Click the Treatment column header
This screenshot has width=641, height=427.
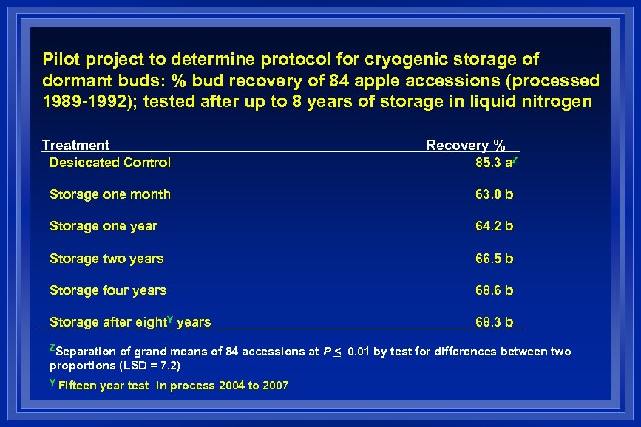point(75,146)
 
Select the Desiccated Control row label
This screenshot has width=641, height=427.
point(109,163)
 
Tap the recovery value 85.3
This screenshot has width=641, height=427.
point(489,163)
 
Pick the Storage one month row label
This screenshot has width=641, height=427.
point(109,194)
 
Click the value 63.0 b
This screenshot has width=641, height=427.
point(494,194)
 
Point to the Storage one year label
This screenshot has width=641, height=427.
point(103,226)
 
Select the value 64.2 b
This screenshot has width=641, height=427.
point(494,226)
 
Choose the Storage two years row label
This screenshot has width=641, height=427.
point(106,259)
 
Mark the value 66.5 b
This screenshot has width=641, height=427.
point(494,259)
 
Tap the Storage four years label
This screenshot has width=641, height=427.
point(107,290)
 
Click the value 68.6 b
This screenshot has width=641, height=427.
point(494,290)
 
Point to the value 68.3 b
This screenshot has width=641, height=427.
point(494,322)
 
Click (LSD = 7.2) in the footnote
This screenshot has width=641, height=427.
point(146,366)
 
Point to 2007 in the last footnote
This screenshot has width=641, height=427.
point(275,386)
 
